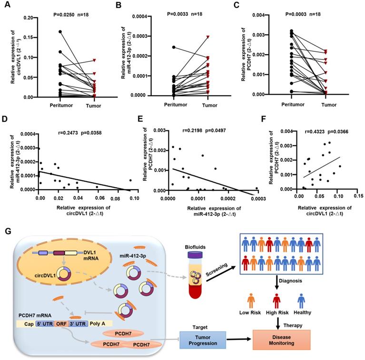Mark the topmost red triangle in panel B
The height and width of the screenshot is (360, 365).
tap(207, 37)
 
